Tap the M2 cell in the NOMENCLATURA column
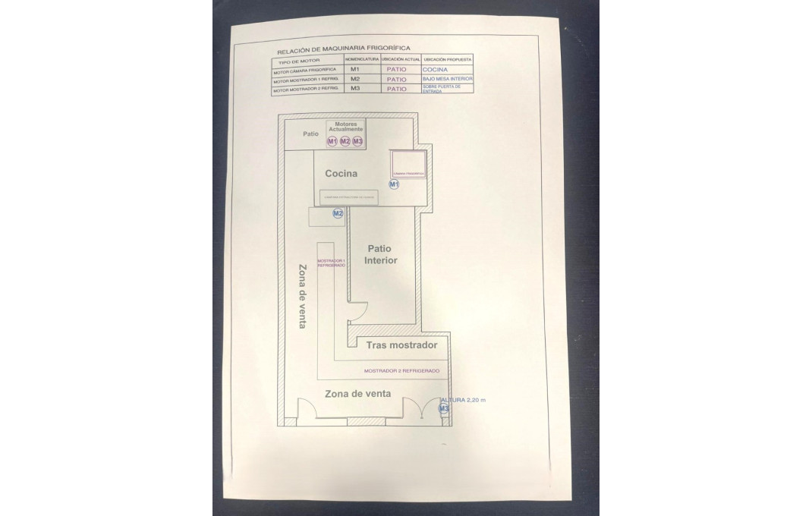click(354, 79)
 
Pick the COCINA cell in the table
click(435, 69)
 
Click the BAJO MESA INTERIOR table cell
click(448, 79)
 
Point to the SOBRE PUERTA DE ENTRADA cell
click(441, 89)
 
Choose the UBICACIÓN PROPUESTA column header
click(448, 58)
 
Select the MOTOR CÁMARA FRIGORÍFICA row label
click(304, 70)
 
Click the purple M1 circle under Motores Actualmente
click(332, 141)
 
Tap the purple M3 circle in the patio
click(357, 141)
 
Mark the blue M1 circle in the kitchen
click(393, 184)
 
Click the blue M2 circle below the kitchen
click(338, 214)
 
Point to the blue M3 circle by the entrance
click(445, 408)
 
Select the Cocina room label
click(341, 174)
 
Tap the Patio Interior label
click(381, 254)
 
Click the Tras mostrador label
click(401, 345)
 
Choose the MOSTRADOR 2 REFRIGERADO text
click(401, 371)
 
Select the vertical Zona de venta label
click(303, 296)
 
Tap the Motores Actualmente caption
click(345, 127)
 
